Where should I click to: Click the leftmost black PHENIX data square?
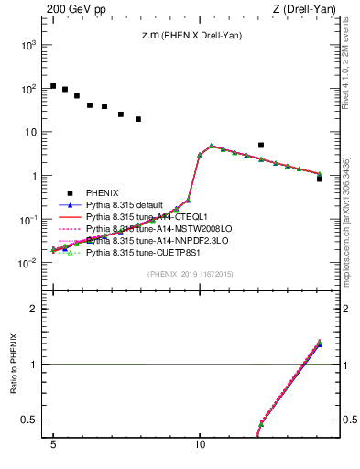[x=53, y=86]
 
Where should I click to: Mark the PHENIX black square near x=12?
[x=261, y=145]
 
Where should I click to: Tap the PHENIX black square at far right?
[x=319, y=179]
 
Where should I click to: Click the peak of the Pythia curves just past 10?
[x=212, y=146]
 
